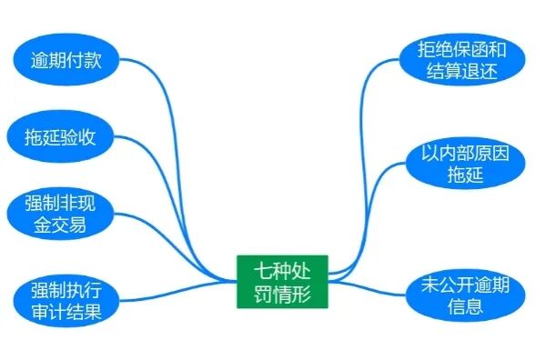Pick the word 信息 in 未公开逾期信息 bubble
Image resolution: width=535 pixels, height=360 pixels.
tap(459, 306)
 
